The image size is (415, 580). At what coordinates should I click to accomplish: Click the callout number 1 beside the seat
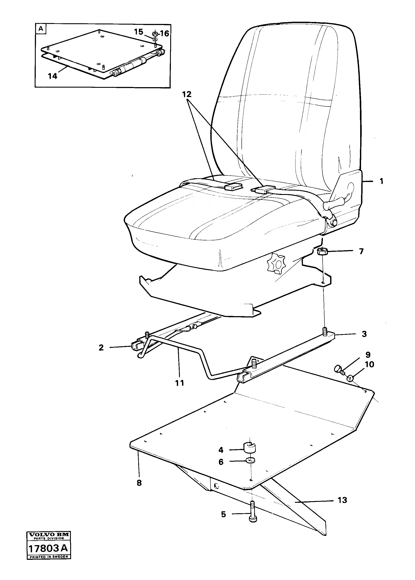click(381, 182)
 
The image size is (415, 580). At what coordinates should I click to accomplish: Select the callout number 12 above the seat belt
click(187, 94)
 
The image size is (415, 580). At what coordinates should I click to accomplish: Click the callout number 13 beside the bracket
click(342, 500)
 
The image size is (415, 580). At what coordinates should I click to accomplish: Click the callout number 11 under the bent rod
click(180, 383)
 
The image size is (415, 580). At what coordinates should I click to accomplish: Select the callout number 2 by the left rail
click(101, 348)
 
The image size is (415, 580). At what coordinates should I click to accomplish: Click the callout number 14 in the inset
click(53, 76)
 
